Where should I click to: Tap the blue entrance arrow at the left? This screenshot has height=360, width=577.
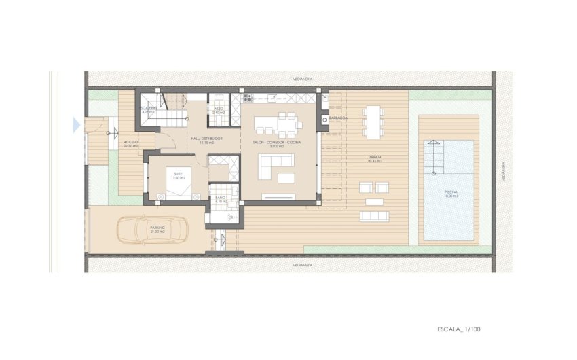(x=75, y=124)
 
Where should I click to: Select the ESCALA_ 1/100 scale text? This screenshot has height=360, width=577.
(x=460, y=329)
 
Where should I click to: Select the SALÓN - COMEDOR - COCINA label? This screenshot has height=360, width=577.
(x=276, y=143)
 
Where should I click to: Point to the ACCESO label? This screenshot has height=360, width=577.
(x=130, y=143)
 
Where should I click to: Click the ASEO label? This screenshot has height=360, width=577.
(x=219, y=109)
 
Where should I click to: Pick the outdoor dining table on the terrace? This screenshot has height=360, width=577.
(x=374, y=122)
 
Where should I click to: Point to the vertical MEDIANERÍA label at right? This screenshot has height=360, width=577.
(x=503, y=173)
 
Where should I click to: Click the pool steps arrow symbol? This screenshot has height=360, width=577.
(x=432, y=144)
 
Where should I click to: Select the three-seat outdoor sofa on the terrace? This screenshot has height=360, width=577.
(x=375, y=216)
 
